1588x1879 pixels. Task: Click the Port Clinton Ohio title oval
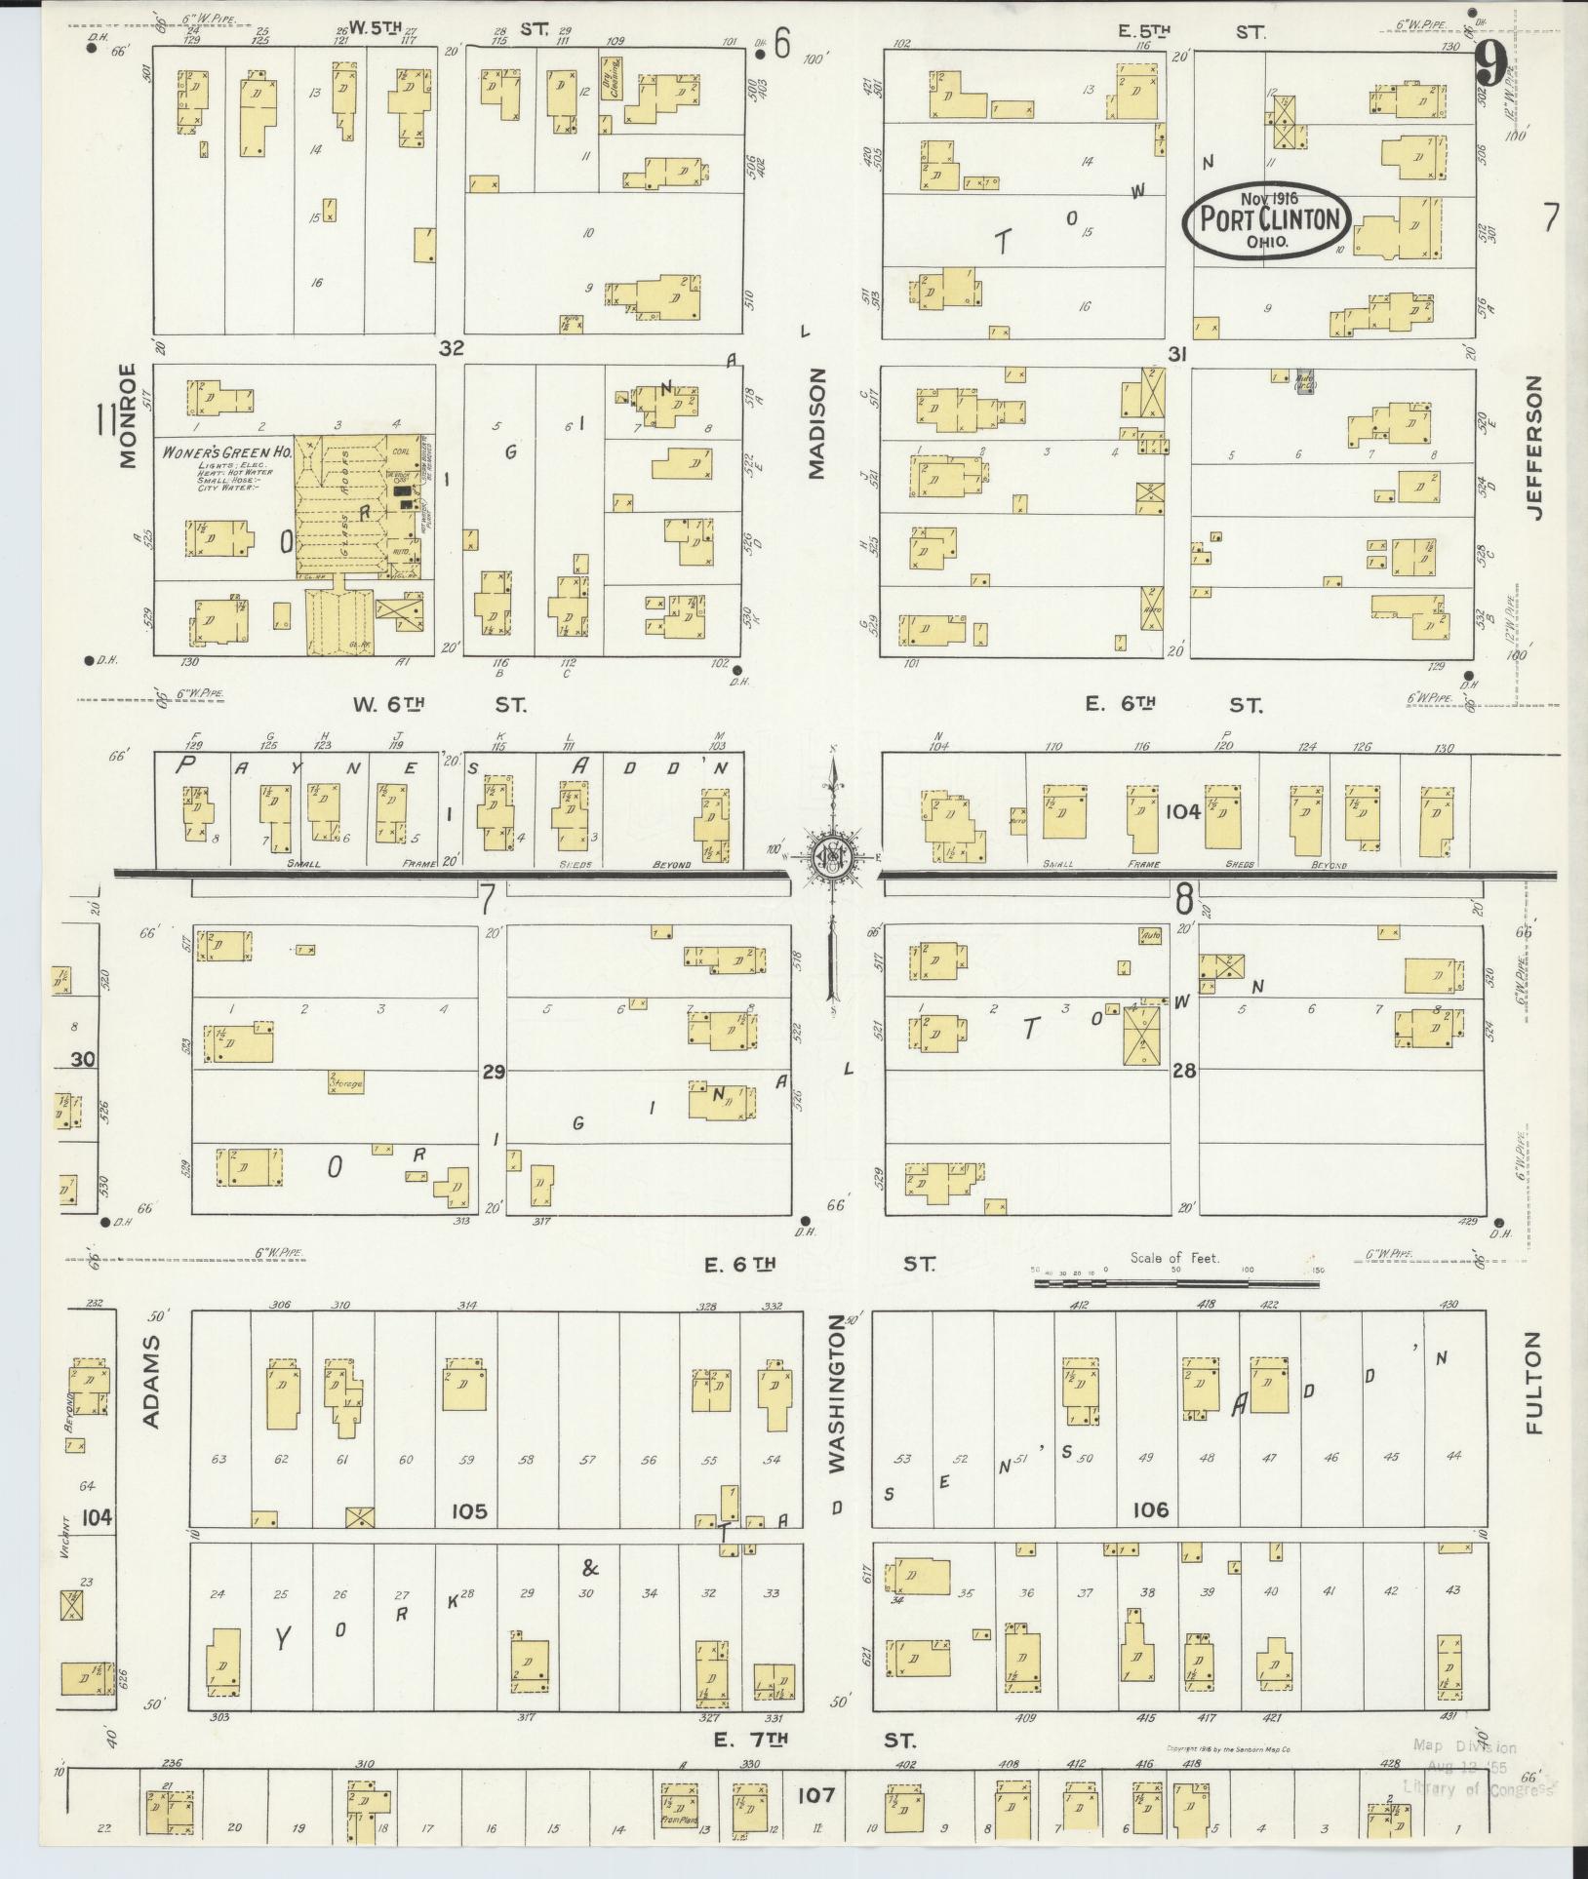(x=1267, y=219)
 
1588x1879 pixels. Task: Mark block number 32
(x=451, y=348)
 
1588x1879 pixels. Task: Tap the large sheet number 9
(x=1489, y=65)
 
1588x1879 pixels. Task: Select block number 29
(x=493, y=1072)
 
